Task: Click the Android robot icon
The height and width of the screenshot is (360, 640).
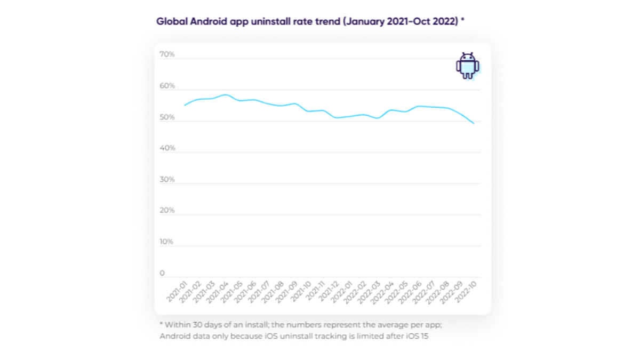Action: pos(467,66)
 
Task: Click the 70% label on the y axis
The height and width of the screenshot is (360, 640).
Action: pos(167,54)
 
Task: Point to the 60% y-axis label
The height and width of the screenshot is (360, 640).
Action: pos(167,86)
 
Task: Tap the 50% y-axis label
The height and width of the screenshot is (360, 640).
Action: pos(167,117)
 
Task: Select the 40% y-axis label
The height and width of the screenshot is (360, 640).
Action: pos(167,148)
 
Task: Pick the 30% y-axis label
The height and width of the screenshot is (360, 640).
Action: pos(167,180)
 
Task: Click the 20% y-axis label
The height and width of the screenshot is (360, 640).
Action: pos(167,211)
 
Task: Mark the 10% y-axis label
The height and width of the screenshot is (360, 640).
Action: pos(167,242)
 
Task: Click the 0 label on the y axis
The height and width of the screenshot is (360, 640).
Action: pos(163,273)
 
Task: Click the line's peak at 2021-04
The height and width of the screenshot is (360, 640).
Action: pos(226,95)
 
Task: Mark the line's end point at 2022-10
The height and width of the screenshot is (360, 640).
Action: pos(474,123)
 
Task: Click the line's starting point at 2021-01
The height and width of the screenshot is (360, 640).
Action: pos(185,105)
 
